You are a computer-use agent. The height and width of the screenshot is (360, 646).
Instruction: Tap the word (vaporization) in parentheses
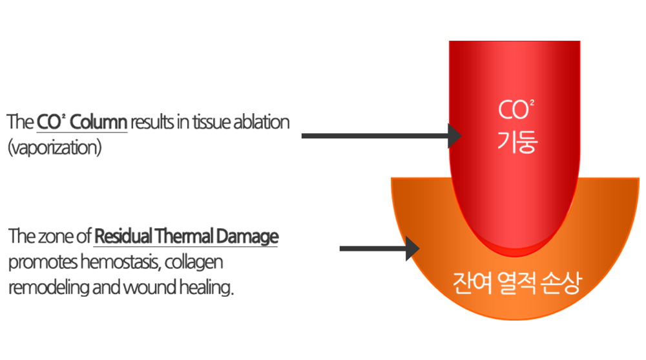55,147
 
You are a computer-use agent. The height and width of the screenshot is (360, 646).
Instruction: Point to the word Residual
118,236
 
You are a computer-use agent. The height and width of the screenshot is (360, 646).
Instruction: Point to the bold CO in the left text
49,122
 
